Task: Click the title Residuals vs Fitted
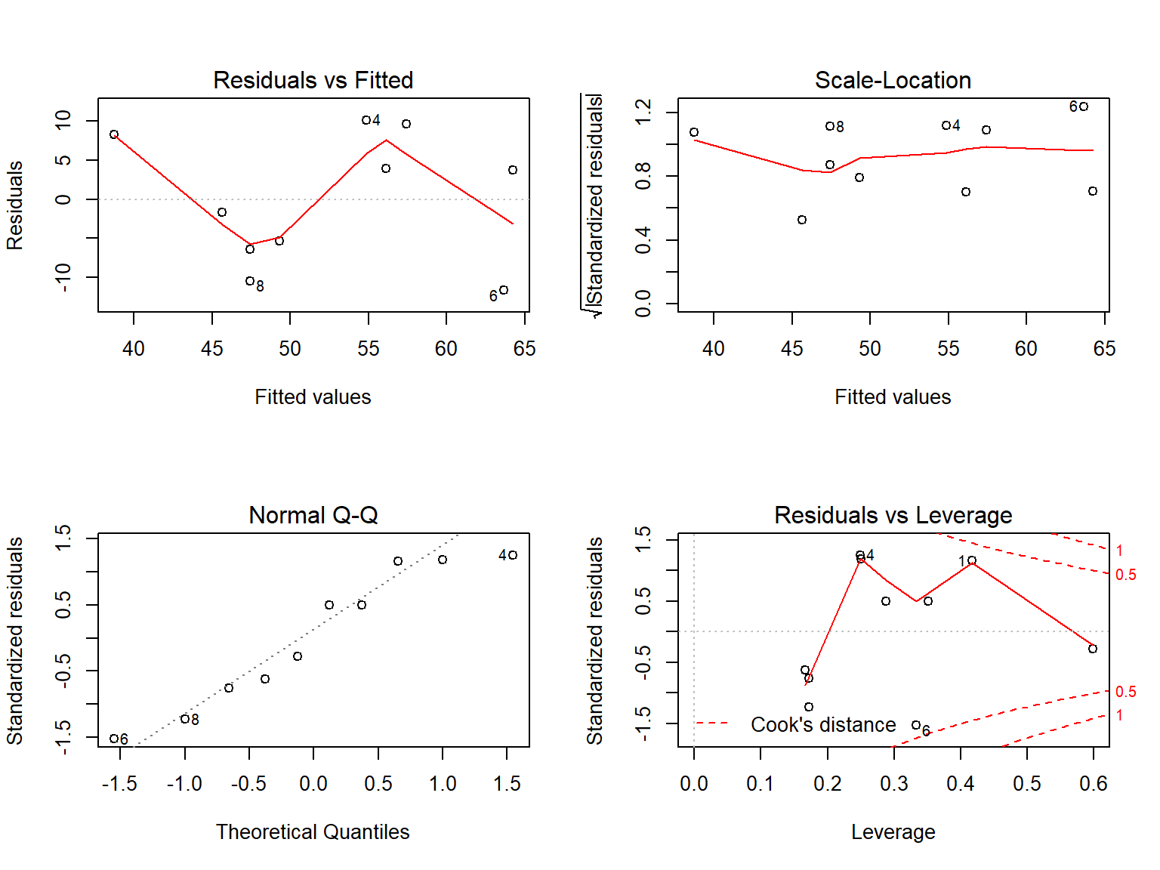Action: (x=313, y=80)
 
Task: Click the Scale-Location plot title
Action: (x=893, y=80)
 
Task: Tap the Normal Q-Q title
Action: (x=313, y=515)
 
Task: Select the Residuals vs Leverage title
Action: (x=893, y=515)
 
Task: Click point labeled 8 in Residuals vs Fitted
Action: (x=250, y=281)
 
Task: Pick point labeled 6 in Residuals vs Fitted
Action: (x=504, y=290)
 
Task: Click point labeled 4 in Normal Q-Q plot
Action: (x=513, y=555)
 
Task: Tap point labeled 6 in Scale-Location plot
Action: (x=1084, y=106)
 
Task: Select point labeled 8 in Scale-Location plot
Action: (x=830, y=126)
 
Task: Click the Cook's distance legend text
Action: (x=823, y=725)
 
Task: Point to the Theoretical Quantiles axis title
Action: (x=313, y=831)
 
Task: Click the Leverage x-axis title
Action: (x=893, y=831)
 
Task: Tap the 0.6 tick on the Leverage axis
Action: (x=1093, y=784)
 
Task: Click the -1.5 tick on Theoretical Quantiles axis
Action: (x=119, y=784)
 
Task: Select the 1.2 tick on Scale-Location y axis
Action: (x=643, y=113)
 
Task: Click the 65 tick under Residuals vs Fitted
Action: (x=524, y=349)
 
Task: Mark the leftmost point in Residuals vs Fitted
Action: (x=114, y=134)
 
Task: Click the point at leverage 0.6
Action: (x=1093, y=649)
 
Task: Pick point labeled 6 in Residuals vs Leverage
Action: (x=916, y=725)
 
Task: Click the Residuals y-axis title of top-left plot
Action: (x=15, y=205)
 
